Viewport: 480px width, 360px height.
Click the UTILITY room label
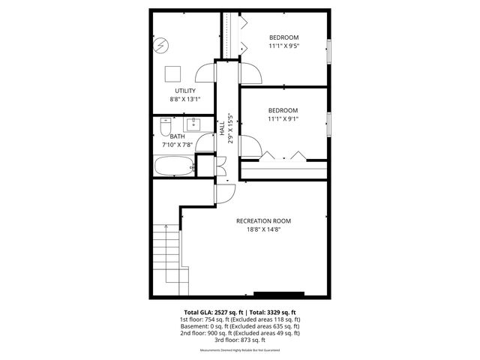[185, 91]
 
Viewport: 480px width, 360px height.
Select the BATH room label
[177, 136]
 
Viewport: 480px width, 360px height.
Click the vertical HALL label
[223, 130]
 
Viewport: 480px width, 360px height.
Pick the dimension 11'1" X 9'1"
[283, 118]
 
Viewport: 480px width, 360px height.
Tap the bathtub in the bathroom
[174, 166]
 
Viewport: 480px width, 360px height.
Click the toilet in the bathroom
[163, 125]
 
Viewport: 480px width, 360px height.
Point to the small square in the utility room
[173, 73]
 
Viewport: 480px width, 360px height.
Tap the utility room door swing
[205, 72]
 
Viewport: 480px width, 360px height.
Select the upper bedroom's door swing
[250, 72]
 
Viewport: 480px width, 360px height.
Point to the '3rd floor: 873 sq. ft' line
[240, 340]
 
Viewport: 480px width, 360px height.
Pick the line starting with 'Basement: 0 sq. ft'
[240, 326]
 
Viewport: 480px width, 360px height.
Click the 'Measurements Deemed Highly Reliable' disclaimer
[240, 350]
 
